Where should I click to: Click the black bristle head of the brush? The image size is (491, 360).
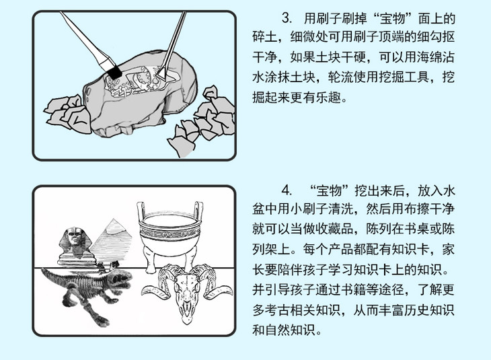tap(114, 73)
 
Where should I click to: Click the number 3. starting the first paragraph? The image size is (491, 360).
tap(287, 18)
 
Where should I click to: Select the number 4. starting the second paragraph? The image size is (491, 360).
tap(287, 190)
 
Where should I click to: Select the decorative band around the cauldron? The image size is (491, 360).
tap(169, 234)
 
